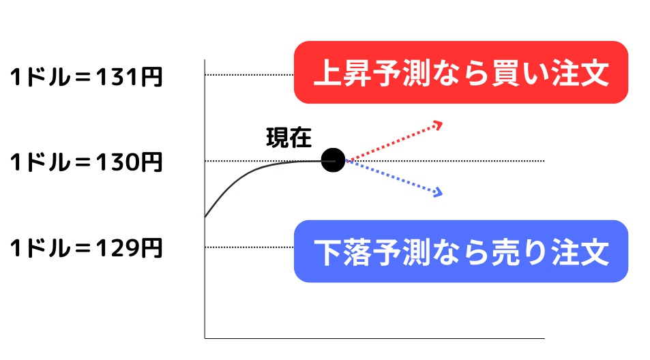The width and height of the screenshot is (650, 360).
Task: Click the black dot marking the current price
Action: (333, 160)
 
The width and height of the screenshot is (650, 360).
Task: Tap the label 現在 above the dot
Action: (289, 138)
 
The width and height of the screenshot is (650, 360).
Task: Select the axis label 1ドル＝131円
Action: (86, 78)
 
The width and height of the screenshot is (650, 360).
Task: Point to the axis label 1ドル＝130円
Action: (86, 163)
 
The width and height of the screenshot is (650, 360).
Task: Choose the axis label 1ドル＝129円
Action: (86, 248)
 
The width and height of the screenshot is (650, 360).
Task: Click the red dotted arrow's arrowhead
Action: (439, 124)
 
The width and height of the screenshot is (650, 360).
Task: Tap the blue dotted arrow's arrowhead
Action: (438, 194)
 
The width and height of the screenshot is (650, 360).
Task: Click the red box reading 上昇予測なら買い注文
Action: (460, 72)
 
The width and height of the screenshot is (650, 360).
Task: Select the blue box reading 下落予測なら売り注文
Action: (460, 251)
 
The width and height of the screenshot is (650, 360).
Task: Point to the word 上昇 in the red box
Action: (345, 73)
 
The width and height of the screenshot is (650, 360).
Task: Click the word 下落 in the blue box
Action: (345, 252)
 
